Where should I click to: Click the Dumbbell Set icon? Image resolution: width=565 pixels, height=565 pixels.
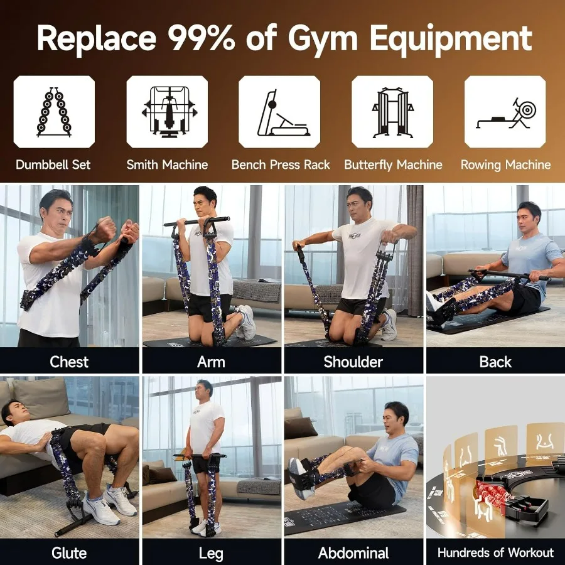pos(54,112)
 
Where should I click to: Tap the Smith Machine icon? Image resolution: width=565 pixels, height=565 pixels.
pos(167,112)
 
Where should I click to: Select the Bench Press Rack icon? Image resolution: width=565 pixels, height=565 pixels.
pos(279,112)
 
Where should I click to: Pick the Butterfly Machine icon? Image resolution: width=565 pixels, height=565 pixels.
pos(392,112)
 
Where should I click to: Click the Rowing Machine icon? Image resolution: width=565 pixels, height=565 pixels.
pos(505,112)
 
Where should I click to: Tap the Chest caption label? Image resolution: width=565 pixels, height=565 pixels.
pos(69,362)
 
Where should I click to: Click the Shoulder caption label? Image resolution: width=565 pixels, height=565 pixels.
pos(353,362)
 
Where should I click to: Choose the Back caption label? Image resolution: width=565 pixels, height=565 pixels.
pos(495,362)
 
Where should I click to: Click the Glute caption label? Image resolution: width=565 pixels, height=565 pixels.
pos(69,553)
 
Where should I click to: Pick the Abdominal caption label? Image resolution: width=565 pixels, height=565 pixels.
pos(353,553)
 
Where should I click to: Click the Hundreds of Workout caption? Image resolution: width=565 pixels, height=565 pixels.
pos(495,553)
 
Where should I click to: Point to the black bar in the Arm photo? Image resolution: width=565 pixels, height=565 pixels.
pos(196,221)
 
